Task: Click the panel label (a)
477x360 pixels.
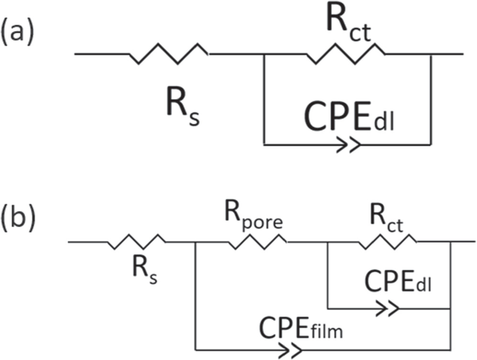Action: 17,35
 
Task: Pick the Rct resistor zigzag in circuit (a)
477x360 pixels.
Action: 345,54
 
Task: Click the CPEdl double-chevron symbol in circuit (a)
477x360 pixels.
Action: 348,144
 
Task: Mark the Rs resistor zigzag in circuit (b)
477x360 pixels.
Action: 136,242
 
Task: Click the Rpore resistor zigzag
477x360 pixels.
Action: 258,242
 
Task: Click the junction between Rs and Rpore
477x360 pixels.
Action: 196,242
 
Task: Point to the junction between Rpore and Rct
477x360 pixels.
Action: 327,242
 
